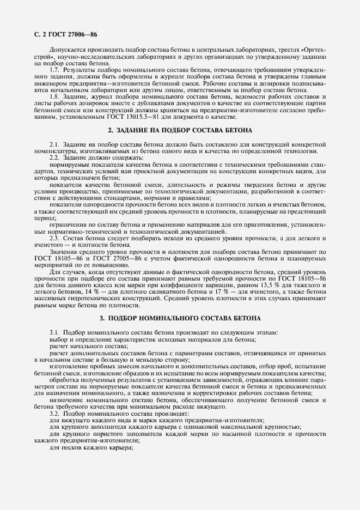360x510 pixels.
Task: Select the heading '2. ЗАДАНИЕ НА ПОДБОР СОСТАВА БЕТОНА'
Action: coord(180,131)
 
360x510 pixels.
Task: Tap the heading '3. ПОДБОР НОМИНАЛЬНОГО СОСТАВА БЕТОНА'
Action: coord(180,318)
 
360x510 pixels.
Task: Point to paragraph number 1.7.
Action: coord(54,70)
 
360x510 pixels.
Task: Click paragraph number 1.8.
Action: coord(54,96)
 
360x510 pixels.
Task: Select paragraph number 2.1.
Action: coord(54,144)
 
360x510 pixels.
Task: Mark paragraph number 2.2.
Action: coord(54,157)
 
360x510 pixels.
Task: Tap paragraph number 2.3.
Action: coord(54,238)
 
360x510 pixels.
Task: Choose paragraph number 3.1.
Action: coord(54,332)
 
